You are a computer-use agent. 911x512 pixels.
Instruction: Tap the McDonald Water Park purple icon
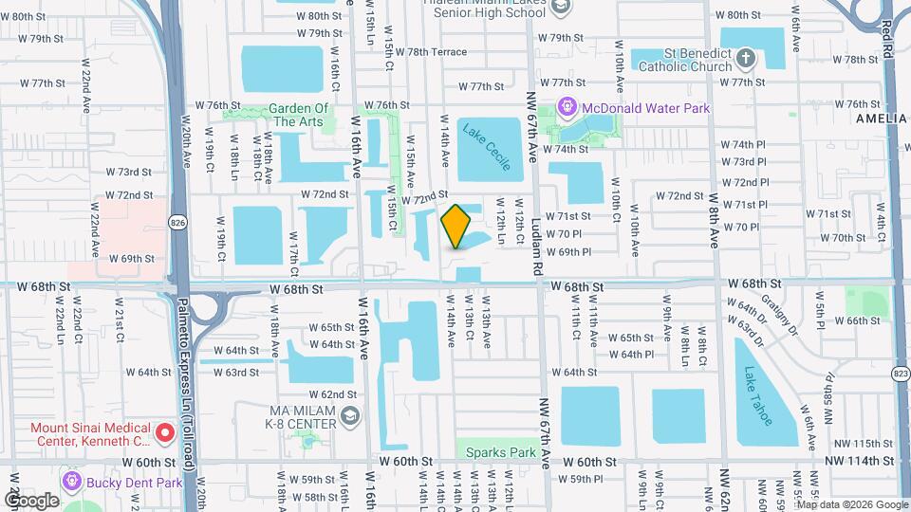569,108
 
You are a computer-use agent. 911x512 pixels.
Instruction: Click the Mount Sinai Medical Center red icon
164,434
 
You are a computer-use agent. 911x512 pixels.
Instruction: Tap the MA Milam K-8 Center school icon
350,416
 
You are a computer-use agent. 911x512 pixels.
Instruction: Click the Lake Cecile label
487,146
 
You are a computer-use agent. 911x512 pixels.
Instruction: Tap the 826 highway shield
177,222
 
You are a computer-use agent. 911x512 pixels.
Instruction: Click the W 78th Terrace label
432,51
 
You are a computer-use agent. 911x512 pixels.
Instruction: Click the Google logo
31,500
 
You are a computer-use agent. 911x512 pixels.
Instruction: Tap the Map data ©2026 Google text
858,503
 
